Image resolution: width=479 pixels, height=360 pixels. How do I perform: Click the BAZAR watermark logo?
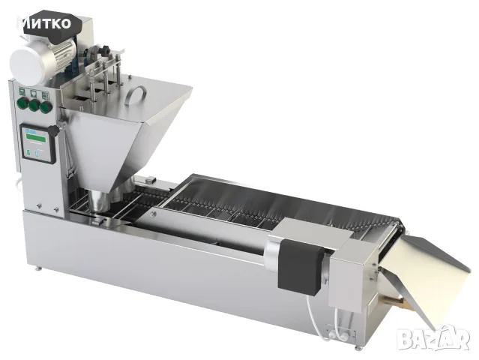point(433,337)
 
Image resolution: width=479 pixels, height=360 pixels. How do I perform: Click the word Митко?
point(46,23)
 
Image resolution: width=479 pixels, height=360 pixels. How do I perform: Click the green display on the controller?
point(36,139)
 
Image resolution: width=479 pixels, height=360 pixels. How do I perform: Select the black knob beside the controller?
point(55,131)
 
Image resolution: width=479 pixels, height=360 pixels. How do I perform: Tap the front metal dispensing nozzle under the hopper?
point(99,201)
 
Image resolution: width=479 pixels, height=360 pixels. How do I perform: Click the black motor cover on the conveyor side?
point(300,268)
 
